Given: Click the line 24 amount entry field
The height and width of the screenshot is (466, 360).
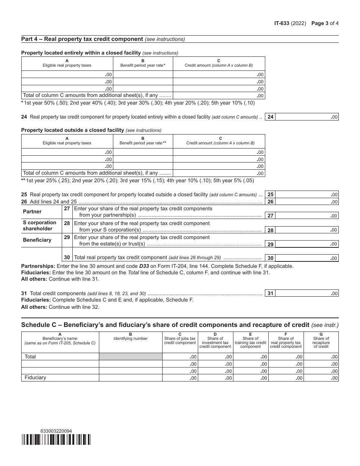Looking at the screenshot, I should [307, 117].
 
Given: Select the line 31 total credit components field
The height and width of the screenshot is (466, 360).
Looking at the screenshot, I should [307, 293].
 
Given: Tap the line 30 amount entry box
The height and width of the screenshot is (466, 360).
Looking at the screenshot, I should [307, 258].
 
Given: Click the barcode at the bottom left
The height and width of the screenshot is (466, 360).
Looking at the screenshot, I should [56, 439].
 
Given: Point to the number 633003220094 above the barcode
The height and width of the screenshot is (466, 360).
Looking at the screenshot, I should [56, 431].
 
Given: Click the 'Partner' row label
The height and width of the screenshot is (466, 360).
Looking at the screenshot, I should [32, 211].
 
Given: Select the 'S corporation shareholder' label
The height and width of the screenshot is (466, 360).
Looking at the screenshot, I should [39, 225].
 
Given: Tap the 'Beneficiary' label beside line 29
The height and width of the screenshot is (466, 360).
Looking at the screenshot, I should [37, 240].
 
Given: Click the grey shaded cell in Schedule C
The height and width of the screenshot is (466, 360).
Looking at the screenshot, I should [131, 357].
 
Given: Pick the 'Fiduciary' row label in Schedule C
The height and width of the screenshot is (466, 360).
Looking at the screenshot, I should [35, 378].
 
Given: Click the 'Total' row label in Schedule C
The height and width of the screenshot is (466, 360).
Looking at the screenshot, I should [30, 357].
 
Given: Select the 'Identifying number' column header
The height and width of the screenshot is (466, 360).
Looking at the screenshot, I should [130, 338].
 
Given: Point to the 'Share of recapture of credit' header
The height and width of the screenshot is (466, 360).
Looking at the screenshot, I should [321, 342].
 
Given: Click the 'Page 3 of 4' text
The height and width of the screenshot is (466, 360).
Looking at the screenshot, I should [325, 23].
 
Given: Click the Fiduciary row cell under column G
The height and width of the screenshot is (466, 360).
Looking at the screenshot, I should [321, 378].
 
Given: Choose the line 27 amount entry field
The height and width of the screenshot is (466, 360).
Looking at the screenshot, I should [307, 216].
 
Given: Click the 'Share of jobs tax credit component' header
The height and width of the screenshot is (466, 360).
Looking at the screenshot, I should [180, 340].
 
